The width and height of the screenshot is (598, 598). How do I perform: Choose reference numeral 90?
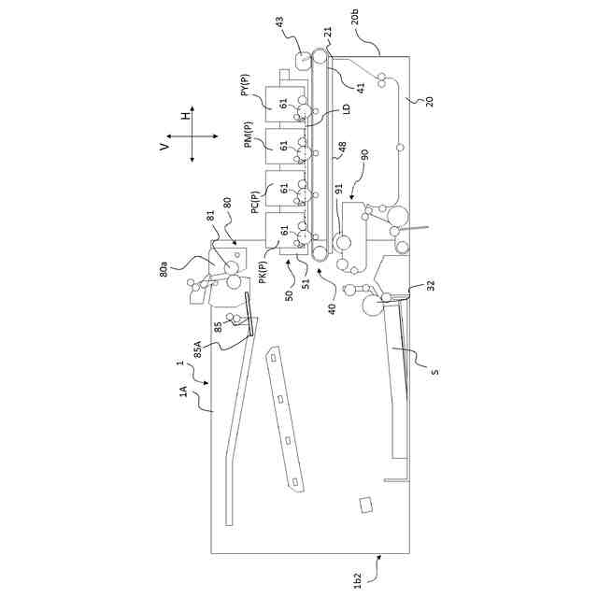pos(364,153)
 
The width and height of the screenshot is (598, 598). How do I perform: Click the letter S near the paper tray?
pos(434,371)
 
